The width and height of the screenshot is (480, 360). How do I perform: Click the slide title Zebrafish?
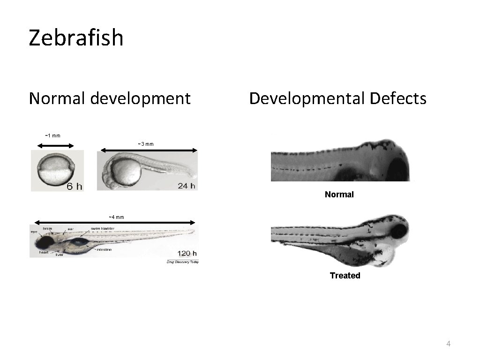tap(76, 37)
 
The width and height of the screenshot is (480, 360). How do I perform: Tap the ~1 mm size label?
tap(52, 135)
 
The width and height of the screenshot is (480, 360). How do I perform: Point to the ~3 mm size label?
tap(145, 143)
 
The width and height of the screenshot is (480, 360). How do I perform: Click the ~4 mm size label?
tap(116, 217)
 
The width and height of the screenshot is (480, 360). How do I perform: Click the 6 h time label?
tap(74, 187)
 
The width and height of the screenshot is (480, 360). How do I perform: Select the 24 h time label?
tap(186, 186)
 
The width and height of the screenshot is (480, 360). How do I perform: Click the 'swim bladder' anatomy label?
tap(103, 229)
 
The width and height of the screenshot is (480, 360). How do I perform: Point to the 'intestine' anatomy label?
tap(104, 250)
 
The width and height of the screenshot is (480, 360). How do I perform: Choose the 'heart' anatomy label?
tap(44, 252)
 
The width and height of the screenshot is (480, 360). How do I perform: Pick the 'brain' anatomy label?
tap(47, 228)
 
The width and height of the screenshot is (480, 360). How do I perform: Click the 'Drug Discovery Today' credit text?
tap(183, 262)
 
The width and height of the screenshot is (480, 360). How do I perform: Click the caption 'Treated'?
tap(345, 276)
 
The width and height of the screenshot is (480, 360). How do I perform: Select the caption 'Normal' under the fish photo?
tap(339, 194)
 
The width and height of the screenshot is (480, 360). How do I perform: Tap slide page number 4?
tap(448, 344)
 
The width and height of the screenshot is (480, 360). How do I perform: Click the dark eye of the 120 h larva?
tap(45, 243)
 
